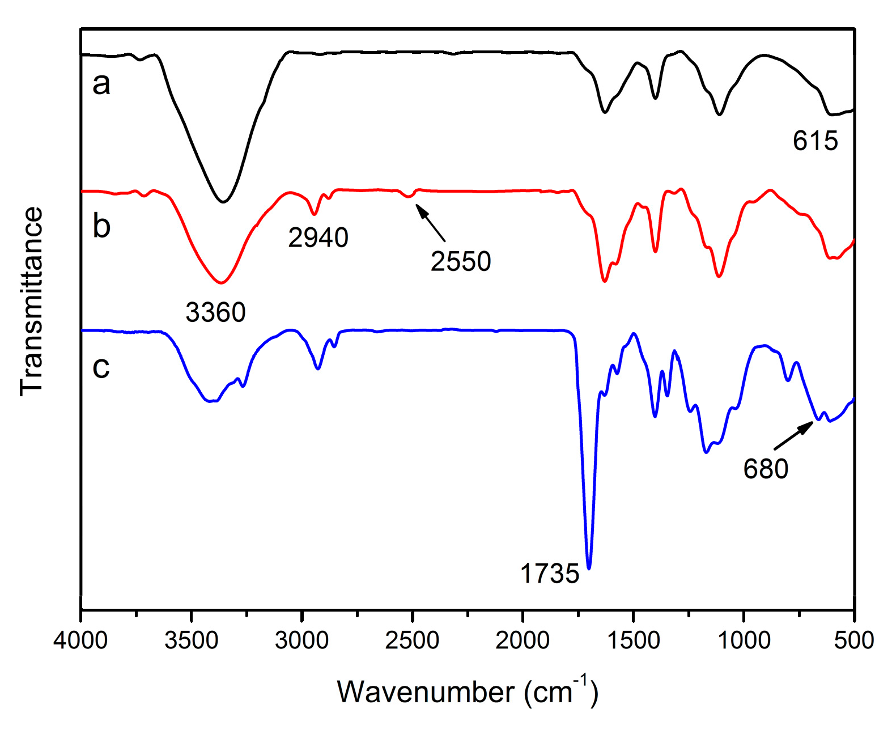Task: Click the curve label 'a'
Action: pyautogui.click(x=101, y=84)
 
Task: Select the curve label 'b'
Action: pyautogui.click(x=101, y=226)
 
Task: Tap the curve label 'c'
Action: pyautogui.click(x=101, y=367)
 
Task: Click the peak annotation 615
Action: pyautogui.click(x=815, y=141)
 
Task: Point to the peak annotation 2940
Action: pyautogui.click(x=318, y=237)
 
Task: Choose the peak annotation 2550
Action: pyautogui.click(x=460, y=261)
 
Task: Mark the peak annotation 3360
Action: pyautogui.click(x=215, y=312)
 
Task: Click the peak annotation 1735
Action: pyautogui.click(x=550, y=574)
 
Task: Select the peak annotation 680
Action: pyautogui.click(x=766, y=469)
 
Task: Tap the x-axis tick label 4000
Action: pyautogui.click(x=80, y=640)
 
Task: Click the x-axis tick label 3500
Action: pyautogui.click(x=191, y=640)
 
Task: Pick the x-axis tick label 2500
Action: pyautogui.click(x=412, y=640)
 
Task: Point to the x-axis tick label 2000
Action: pyautogui.click(x=523, y=640)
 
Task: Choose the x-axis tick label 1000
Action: pyautogui.click(x=744, y=640)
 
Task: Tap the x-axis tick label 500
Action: pyautogui.click(x=853, y=640)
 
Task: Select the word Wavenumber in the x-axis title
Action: pyautogui.click(x=426, y=692)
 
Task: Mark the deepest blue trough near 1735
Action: pyautogui.click(x=589, y=567)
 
